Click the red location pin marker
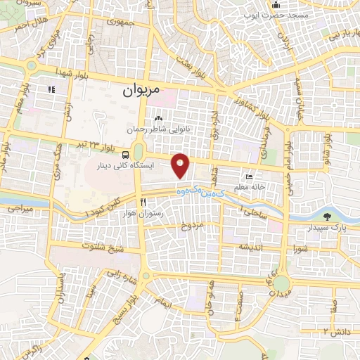tap(181, 165)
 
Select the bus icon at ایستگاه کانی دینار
tap(124, 155)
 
